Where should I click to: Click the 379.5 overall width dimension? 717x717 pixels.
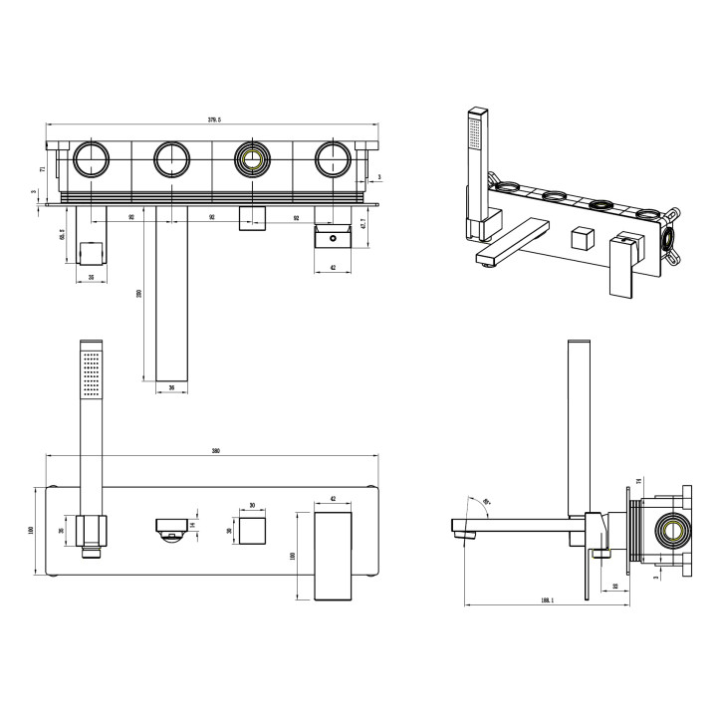214,119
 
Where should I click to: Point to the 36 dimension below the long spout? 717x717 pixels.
171,389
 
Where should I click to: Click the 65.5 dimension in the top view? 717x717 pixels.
62,235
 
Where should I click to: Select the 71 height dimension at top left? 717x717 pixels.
41,170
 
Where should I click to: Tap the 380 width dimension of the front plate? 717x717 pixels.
214,451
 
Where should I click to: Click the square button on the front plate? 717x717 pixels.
251,529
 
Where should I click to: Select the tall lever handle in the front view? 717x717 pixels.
334,555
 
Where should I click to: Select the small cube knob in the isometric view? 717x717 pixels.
583,240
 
